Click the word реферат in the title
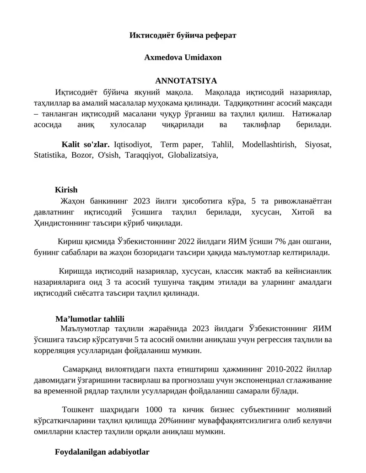tap(220, 35)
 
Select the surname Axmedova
tap(163, 58)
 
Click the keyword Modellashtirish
tap(268, 144)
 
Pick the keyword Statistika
tap(50, 155)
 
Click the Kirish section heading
tap(66, 190)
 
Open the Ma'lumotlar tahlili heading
tap(90, 319)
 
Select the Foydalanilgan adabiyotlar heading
tap(102, 452)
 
